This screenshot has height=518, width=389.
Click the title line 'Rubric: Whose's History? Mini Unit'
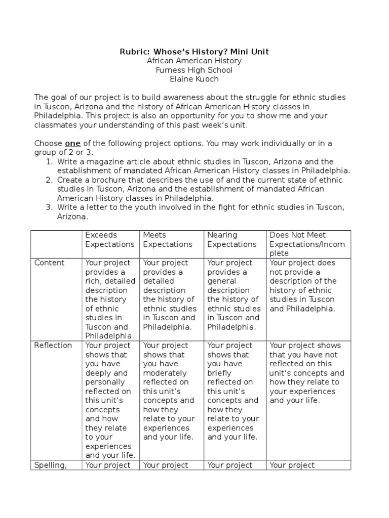pos(194,51)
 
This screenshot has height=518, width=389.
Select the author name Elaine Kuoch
pos(194,79)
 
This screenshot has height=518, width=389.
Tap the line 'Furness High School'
pos(194,70)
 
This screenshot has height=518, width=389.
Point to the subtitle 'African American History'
pos(194,61)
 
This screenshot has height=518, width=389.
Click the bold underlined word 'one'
pos(73,143)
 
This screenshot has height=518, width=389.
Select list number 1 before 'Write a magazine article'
pos(49,162)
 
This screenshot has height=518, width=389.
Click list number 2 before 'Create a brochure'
pos(49,180)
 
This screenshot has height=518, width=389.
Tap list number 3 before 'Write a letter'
pos(49,207)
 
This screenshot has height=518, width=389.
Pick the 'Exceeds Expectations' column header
pos(110,240)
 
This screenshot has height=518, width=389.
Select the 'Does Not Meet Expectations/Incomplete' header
pos(307,244)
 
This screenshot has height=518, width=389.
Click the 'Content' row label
pos(49,263)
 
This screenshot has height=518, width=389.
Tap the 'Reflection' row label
pos(53,346)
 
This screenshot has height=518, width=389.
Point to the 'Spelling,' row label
pos(50,465)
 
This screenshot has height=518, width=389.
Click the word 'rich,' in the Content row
pos(94,281)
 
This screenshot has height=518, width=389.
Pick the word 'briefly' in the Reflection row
pos(220,373)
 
